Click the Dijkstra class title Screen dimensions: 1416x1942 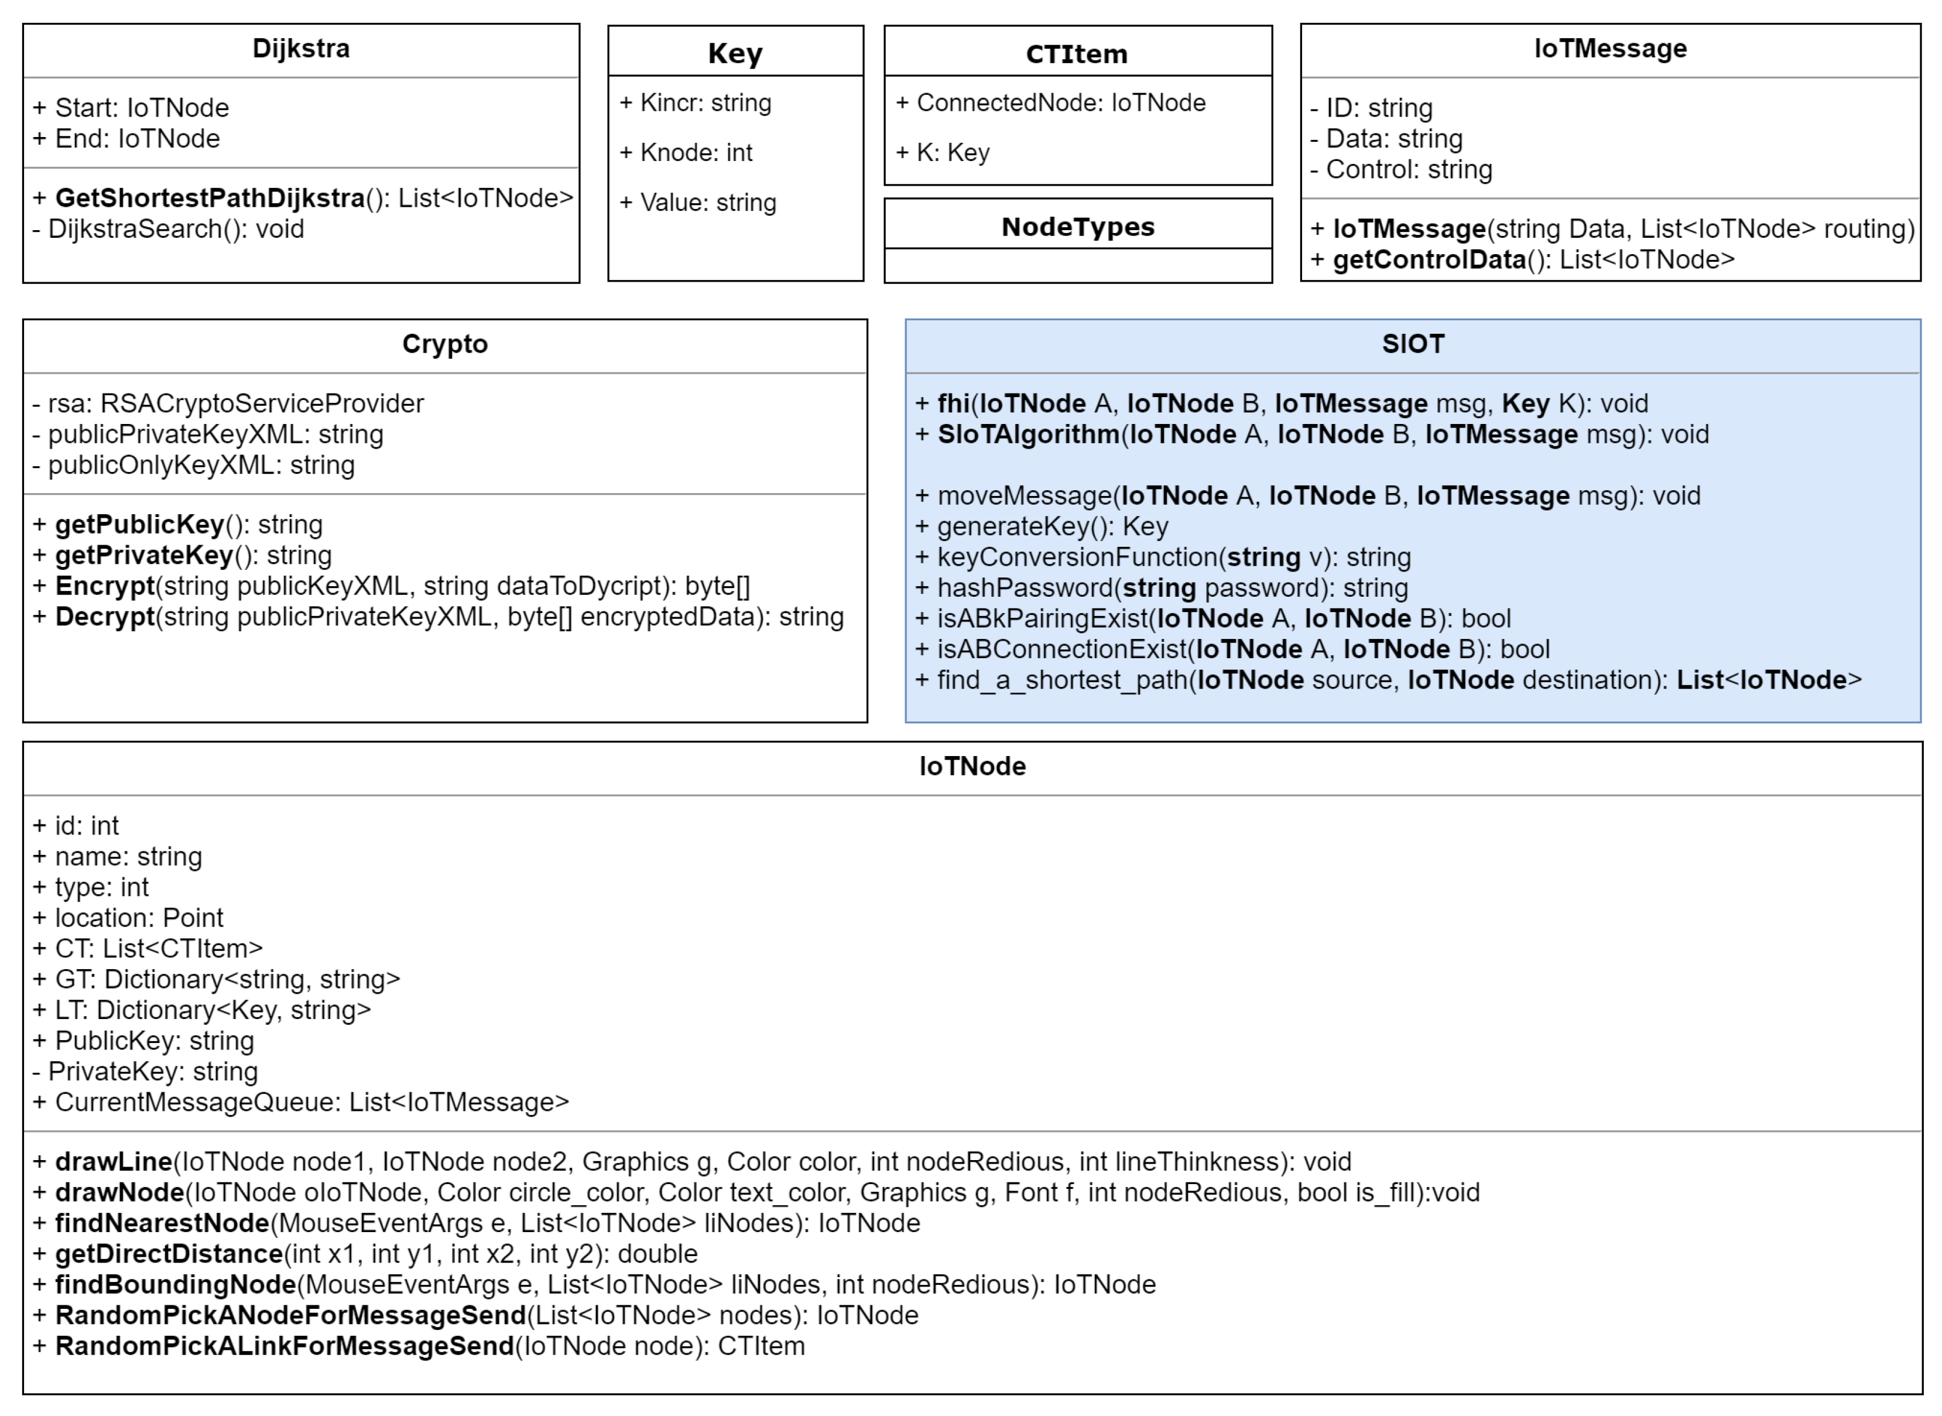(301, 49)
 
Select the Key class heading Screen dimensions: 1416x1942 (734, 53)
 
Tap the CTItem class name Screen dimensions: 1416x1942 (1077, 54)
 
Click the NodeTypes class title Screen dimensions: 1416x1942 (1077, 227)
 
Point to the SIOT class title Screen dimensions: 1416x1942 (1412, 344)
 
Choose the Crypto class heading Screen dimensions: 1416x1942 (445, 344)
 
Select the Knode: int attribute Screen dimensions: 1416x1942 (696, 153)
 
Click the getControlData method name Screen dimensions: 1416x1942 (1429, 259)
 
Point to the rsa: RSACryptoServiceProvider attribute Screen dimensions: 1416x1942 (236, 403)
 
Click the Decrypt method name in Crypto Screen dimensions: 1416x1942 (105, 617)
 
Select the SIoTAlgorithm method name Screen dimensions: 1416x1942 (1029, 435)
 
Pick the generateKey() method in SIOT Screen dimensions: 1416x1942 (1053, 526)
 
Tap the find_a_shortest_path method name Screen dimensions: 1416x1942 (1062, 680)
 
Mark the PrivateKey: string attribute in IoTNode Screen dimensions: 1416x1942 (153, 1072)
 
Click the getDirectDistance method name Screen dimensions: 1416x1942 (169, 1254)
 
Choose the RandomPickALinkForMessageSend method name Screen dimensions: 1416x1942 (284, 1346)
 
